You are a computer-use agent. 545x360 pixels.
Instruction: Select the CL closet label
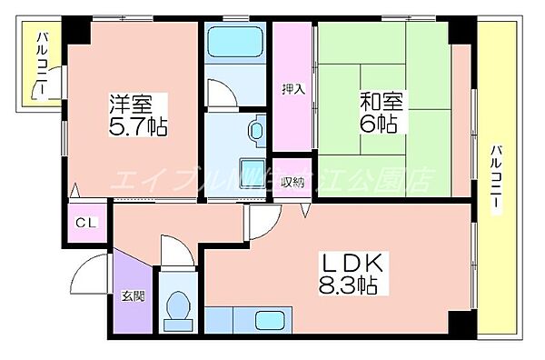pyautogui.click(x=88, y=221)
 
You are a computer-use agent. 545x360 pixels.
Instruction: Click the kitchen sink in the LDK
pyautogui.click(x=270, y=321)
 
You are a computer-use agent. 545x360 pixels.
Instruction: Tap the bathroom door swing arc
pyautogui.click(x=220, y=95)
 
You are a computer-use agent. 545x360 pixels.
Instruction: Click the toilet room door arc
pyautogui.click(x=173, y=249)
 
